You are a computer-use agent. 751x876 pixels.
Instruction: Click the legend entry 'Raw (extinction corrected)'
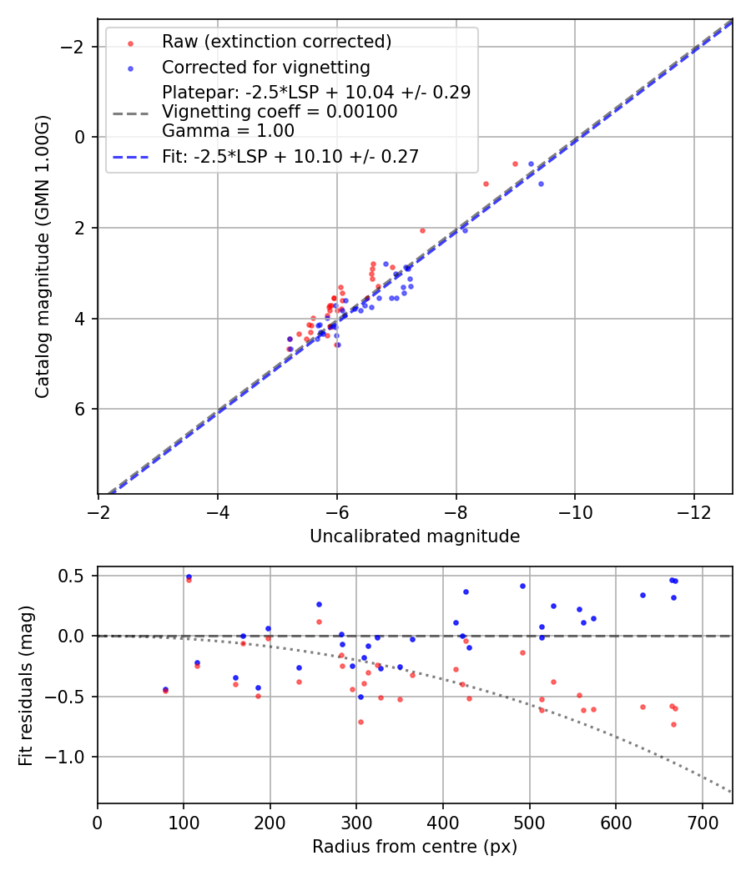tap(276, 42)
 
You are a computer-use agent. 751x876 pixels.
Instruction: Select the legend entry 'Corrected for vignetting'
tap(265, 67)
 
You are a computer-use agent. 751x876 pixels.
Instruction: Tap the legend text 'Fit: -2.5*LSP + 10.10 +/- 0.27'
tap(290, 156)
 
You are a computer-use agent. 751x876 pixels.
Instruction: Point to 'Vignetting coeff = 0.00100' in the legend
tap(280, 112)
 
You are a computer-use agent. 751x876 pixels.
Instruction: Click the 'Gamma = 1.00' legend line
tap(228, 131)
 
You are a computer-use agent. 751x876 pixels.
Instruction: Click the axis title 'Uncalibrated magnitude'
tap(415, 536)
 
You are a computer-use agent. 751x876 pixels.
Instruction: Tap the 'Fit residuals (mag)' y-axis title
tap(26, 685)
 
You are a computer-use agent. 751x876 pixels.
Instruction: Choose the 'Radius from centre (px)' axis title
tap(415, 847)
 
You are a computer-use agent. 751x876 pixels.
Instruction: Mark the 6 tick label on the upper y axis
tap(78, 409)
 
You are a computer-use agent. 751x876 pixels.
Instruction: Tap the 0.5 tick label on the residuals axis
tap(75, 576)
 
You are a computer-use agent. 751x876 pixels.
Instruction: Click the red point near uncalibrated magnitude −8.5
tap(486, 184)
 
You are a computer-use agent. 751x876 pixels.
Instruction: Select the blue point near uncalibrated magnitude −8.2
tap(465, 229)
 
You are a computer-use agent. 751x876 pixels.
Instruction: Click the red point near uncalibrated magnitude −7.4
tap(422, 230)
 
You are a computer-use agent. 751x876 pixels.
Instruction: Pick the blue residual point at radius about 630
tap(643, 595)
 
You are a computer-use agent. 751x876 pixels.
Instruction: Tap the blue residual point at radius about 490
tap(522, 586)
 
